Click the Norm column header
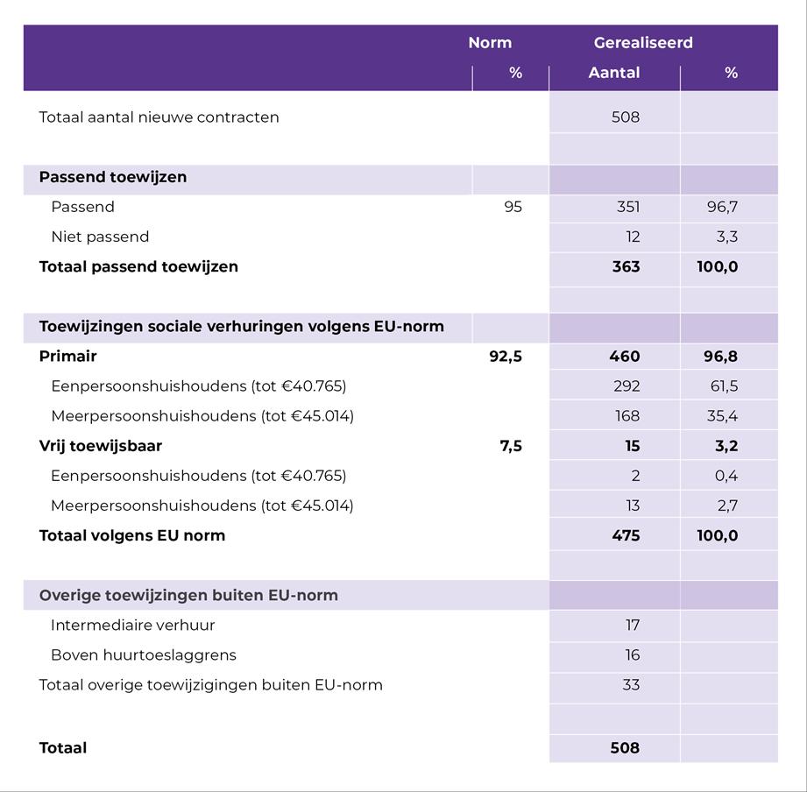coord(490,43)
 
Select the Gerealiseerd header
coord(643,43)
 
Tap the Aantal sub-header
coord(613,73)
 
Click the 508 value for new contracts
coord(626,117)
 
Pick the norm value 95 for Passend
coord(513,208)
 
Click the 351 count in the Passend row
coord(627,208)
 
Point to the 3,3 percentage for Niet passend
coord(726,237)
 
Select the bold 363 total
coord(626,267)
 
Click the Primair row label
coord(67,357)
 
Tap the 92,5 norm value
coord(506,357)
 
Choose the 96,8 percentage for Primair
coord(720,357)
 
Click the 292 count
coord(627,386)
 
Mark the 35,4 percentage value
coord(724,416)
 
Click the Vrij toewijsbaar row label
coord(100,446)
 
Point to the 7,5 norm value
coord(511,446)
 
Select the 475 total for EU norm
coord(626,535)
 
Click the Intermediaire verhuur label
coord(132,626)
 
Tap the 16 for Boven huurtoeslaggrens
coord(632,655)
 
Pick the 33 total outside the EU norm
coord(631,685)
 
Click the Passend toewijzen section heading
coord(112,177)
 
